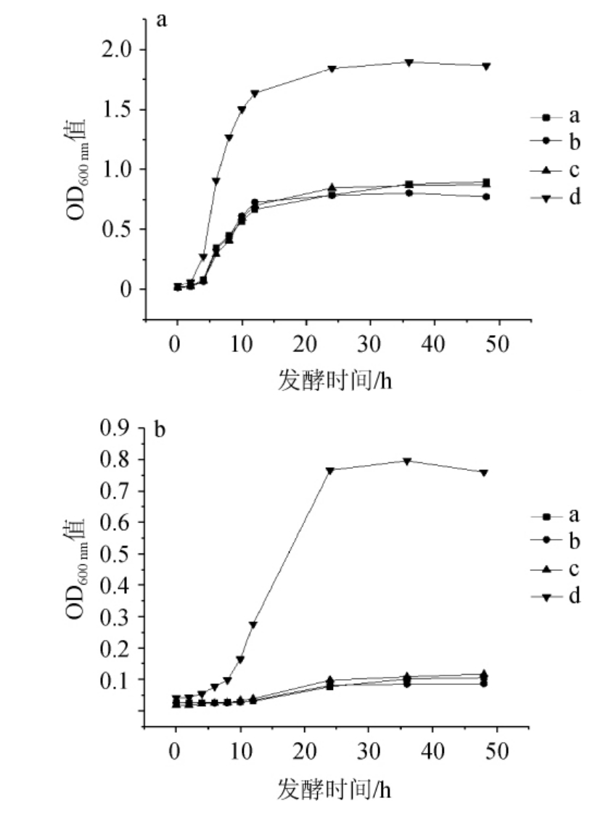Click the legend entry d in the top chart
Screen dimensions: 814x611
point(574,197)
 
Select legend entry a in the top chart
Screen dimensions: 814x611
point(574,116)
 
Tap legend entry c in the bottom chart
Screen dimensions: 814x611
point(573,569)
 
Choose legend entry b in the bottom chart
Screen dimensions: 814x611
point(573,542)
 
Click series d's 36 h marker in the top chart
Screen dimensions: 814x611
point(409,62)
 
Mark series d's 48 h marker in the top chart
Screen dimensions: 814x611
point(486,66)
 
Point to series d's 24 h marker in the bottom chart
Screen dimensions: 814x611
point(330,470)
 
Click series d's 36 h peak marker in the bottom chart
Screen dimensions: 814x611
point(407,461)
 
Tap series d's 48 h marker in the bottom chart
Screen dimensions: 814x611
point(483,472)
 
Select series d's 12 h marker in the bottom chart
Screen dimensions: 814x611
point(253,625)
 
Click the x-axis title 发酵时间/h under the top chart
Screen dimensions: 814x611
point(335,379)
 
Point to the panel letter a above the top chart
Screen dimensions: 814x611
point(162,20)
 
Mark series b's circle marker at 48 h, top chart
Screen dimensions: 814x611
point(486,197)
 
